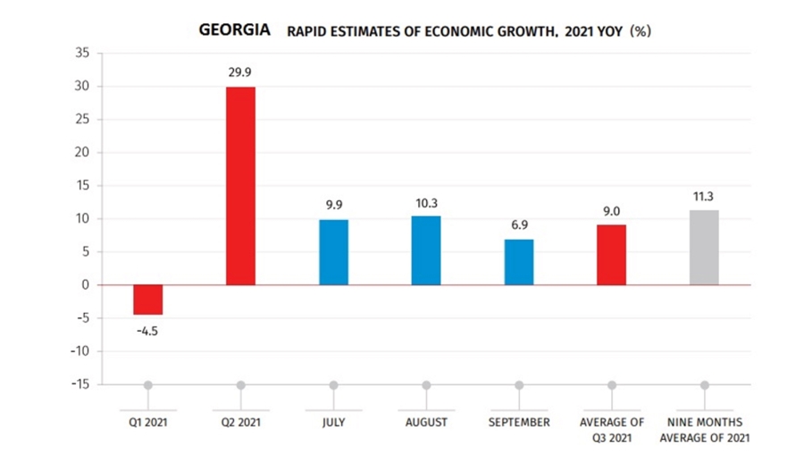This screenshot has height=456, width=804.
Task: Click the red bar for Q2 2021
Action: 240,186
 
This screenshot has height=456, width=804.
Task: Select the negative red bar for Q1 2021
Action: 147,300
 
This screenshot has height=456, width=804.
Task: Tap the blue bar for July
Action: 333,252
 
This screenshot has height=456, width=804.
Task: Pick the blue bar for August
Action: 426,250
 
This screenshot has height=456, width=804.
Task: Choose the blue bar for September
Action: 519,262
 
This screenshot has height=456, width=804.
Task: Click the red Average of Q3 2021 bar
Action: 612,255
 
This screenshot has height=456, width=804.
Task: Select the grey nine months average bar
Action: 704,248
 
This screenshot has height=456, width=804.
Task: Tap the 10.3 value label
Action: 426,204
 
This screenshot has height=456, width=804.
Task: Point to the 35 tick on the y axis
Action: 83,54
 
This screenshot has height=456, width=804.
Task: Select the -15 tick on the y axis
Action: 80,384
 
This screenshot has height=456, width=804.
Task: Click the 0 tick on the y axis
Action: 87,285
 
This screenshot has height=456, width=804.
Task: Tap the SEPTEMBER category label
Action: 519,421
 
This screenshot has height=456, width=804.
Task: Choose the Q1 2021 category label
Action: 147,421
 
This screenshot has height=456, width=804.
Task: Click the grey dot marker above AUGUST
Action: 426,385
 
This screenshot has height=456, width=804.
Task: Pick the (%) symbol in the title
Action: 640,31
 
